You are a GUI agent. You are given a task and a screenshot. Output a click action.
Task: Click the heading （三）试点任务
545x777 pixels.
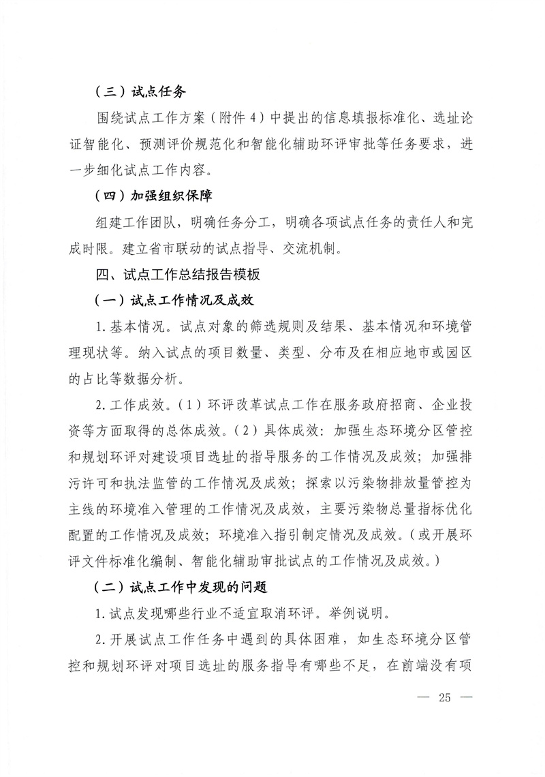[140, 91]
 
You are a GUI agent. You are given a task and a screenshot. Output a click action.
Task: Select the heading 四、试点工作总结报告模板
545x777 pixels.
[178, 275]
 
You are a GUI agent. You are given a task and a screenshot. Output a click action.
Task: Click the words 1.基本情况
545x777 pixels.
[131, 326]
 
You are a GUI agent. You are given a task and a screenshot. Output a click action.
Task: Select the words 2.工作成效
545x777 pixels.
[131, 405]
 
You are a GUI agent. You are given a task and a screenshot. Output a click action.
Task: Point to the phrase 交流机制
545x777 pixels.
[317, 248]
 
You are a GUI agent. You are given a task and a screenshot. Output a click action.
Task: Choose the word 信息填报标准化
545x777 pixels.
[352, 118]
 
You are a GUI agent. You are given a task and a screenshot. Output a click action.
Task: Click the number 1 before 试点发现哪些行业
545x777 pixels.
[99, 612]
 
